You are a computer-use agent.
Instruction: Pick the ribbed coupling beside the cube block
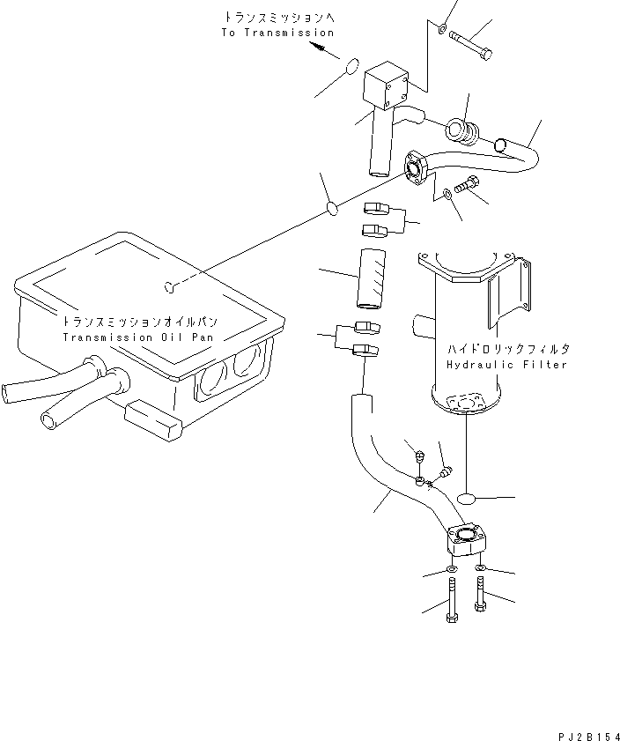(x=462, y=132)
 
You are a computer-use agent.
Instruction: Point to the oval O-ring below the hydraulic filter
(x=468, y=498)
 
